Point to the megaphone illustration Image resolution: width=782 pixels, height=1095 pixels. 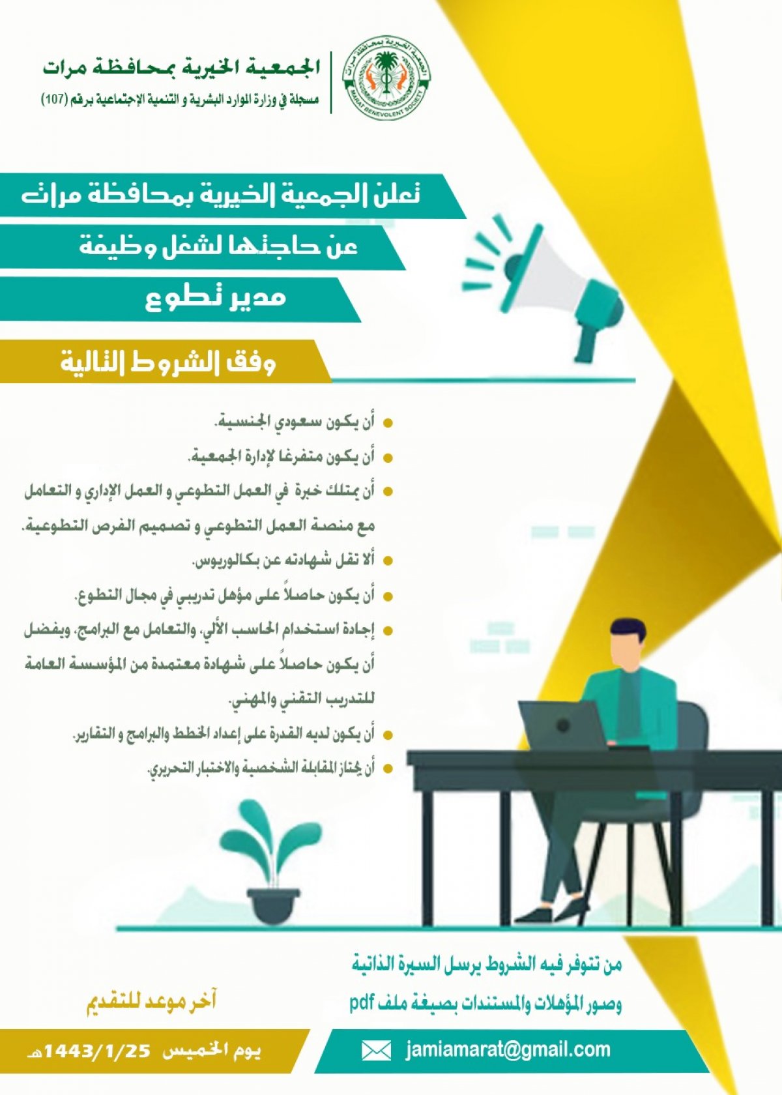coord(543,288)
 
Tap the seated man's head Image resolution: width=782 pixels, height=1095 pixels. coord(629,646)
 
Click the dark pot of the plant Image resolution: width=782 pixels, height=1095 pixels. coord(273,906)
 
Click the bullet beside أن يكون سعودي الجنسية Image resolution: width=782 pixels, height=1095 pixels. coord(388,424)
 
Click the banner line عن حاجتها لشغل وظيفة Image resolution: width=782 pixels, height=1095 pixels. coord(218,246)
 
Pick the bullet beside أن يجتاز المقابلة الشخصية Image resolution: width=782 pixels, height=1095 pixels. coord(388,769)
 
